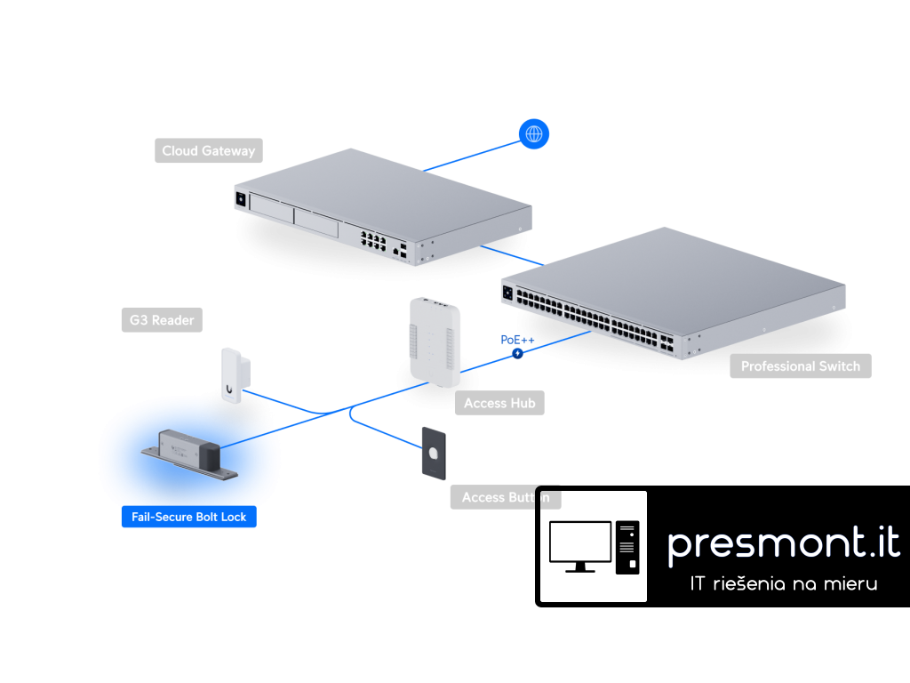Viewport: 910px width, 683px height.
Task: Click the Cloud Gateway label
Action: [x=208, y=151]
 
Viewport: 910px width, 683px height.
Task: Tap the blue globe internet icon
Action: [x=534, y=134]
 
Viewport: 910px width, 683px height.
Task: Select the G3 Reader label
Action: [x=161, y=320]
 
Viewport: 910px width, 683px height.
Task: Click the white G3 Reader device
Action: [x=233, y=376]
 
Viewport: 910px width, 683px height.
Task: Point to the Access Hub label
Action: [x=499, y=403]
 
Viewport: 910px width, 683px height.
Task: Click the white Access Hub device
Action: [x=435, y=342]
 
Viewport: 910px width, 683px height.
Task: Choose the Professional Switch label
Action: [x=800, y=366]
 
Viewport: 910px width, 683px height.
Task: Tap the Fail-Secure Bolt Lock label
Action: [x=188, y=517]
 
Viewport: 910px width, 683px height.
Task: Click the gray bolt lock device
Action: [x=188, y=454]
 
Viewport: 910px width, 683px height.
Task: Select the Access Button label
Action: [x=505, y=497]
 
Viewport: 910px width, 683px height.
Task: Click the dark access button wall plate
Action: [x=433, y=454]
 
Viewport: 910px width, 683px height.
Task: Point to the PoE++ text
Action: [x=517, y=340]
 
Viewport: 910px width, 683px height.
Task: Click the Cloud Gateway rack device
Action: [x=382, y=209]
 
